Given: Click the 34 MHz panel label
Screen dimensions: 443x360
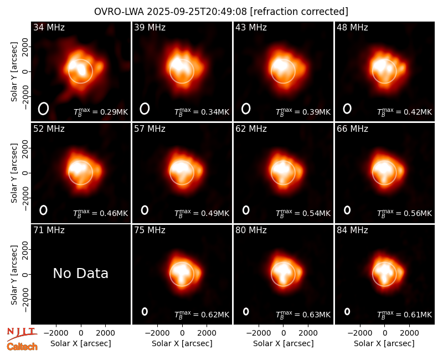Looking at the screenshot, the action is [x=49, y=27].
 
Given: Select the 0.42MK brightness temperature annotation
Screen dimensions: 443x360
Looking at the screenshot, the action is [x=404, y=112].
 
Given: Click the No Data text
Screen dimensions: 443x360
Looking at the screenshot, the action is [x=80, y=273].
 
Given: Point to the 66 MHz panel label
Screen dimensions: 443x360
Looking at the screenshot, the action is [x=352, y=129].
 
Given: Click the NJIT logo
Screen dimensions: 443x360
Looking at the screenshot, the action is [x=22, y=333].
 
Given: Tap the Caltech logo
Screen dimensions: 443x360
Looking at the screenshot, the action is [x=22, y=347].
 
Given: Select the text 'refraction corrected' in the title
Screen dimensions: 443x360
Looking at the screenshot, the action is [x=299, y=12].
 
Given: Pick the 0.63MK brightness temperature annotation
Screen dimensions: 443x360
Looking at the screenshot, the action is [x=303, y=315].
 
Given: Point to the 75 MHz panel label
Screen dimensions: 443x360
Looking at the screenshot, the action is [x=150, y=230].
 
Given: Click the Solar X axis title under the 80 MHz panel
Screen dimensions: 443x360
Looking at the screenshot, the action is [x=284, y=343].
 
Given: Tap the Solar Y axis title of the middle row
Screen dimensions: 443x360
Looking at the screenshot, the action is [x=14, y=173].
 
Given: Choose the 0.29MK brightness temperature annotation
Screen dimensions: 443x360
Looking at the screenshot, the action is [x=101, y=112].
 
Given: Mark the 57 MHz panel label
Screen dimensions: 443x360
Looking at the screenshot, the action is [x=150, y=129].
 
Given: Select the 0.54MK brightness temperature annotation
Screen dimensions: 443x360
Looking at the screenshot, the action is [x=303, y=213].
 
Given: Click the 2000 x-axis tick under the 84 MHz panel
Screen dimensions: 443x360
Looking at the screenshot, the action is [x=409, y=333].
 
